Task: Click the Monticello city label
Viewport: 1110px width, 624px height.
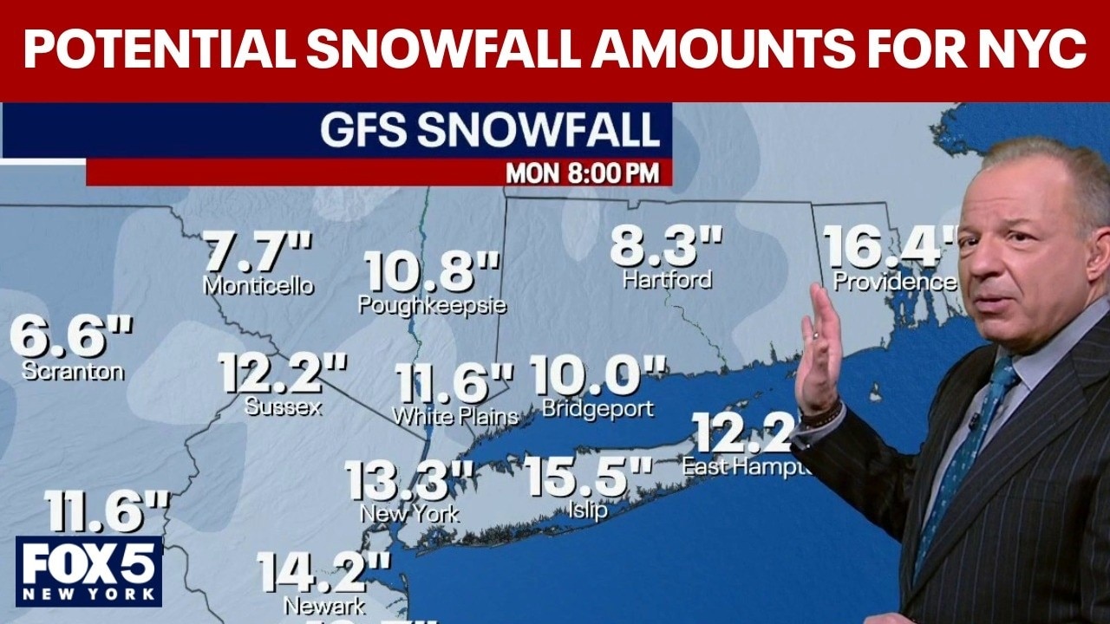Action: coord(258,285)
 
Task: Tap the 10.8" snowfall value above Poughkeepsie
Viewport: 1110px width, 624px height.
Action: coord(432,270)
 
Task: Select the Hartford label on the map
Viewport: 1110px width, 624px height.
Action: coord(667,279)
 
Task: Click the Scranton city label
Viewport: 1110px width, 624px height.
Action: coord(73,371)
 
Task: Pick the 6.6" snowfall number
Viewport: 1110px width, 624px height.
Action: coord(72,337)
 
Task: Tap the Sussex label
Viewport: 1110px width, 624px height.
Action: coord(283,406)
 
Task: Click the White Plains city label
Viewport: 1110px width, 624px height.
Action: coord(455,416)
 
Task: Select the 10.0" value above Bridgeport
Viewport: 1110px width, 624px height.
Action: coord(598,375)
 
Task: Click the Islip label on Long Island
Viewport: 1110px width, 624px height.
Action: coord(589,510)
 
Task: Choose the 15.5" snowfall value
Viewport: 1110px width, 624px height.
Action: coord(588,476)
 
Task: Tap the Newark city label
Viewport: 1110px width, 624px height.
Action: coord(324,604)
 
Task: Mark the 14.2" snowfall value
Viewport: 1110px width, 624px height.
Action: coord(323,572)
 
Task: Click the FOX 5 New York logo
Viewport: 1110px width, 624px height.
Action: coord(88,569)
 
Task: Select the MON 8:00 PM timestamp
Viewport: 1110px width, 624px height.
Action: coord(582,172)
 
